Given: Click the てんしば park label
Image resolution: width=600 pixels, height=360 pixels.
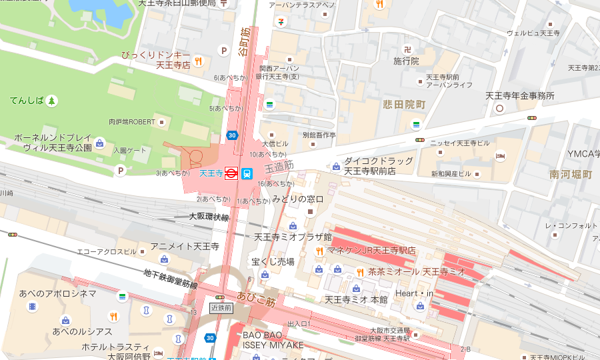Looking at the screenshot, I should [x=27, y=101].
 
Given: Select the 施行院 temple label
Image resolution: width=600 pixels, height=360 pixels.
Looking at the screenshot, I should [x=406, y=61].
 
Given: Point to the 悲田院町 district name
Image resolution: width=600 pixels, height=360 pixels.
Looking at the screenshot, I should [x=404, y=105].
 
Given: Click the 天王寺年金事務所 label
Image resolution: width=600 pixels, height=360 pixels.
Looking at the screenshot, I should [x=519, y=96].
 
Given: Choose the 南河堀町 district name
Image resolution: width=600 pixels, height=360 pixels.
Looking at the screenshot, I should [x=571, y=175].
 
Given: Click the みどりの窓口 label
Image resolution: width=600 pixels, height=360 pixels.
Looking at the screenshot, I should [x=297, y=199].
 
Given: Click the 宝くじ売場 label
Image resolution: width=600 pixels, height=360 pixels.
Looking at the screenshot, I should [x=273, y=261].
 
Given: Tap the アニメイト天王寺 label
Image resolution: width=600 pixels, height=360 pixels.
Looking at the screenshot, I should [x=185, y=247].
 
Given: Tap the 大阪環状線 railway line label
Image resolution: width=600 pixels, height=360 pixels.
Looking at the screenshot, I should [x=209, y=217].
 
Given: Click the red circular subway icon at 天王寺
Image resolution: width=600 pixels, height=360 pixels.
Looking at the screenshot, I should [x=231, y=173].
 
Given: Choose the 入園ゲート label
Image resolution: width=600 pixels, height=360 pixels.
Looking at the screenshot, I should [x=129, y=151].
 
